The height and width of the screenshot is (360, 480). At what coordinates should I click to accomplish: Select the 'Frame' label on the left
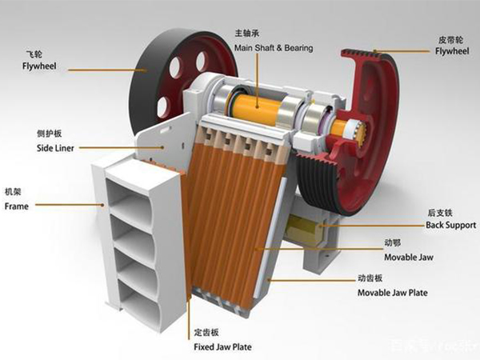(x=17, y=206)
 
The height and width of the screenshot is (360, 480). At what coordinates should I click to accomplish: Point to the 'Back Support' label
(x=450, y=225)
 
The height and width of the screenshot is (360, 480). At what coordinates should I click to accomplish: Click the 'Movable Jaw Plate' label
(x=392, y=293)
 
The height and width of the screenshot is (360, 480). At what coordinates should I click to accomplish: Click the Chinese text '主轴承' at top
(x=247, y=34)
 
